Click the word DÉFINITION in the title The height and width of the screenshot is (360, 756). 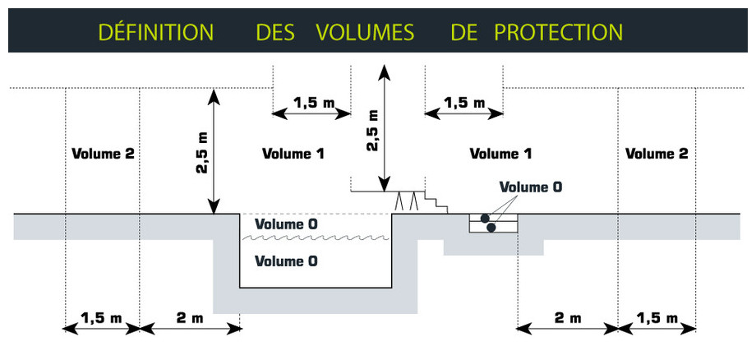click(x=156, y=32)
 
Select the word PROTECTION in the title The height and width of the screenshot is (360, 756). click(x=558, y=32)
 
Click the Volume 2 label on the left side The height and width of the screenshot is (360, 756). click(x=102, y=154)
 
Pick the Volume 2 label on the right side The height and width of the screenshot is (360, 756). click(x=657, y=154)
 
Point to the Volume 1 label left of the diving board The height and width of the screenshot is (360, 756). click(x=293, y=154)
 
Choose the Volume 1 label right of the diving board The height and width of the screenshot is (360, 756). click(x=500, y=154)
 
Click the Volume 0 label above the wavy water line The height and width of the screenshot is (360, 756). click(x=286, y=224)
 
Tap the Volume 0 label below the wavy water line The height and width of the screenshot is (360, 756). click(x=286, y=261)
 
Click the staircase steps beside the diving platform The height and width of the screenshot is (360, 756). click(x=435, y=201)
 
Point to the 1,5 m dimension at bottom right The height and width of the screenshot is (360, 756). click(x=657, y=318)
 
